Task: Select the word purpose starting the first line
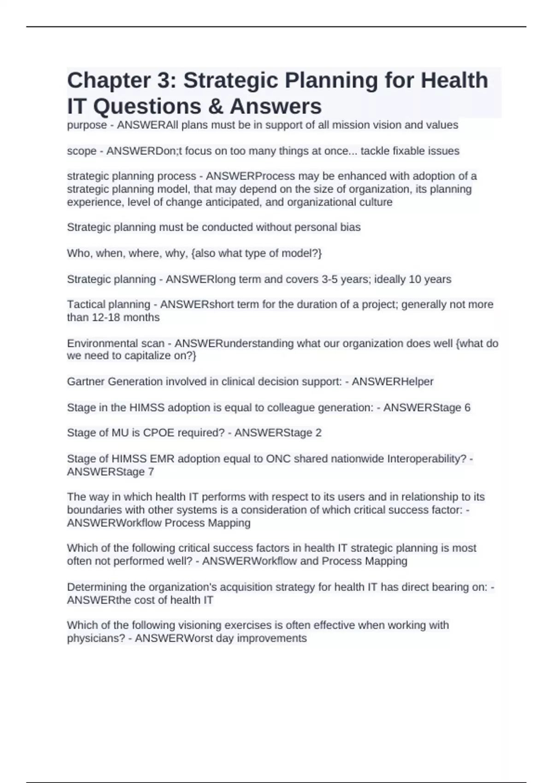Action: point(87,125)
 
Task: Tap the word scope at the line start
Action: point(82,151)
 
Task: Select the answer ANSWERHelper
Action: point(393,381)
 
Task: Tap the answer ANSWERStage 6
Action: point(427,408)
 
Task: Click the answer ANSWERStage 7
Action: point(111,472)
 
